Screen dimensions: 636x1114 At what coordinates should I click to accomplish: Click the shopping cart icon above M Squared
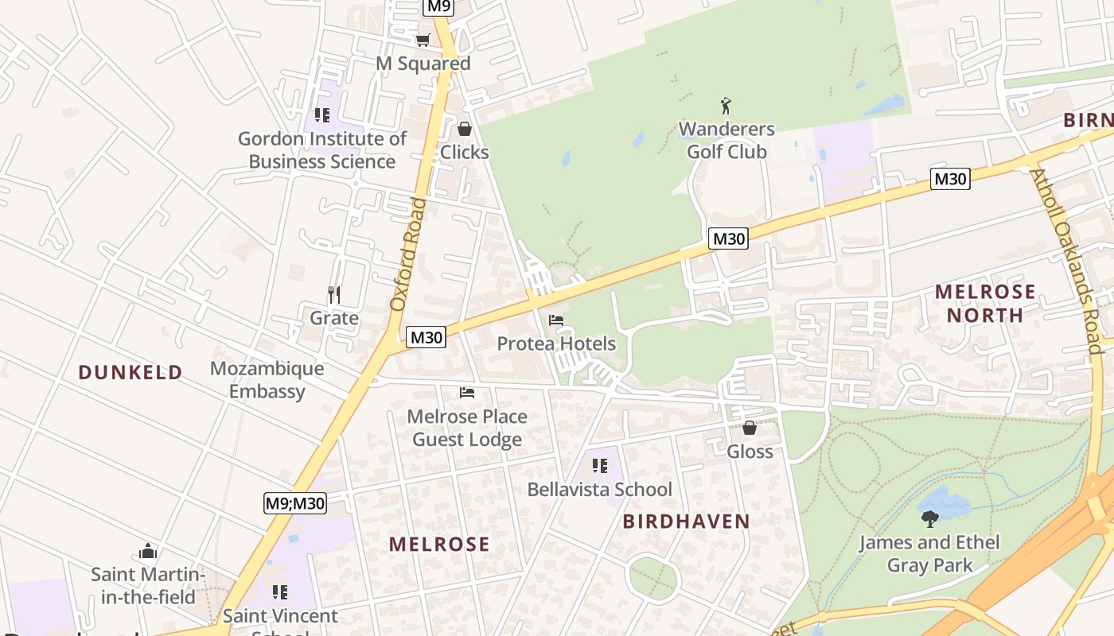[423, 40]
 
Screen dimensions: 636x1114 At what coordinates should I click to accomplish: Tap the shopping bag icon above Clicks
[465, 129]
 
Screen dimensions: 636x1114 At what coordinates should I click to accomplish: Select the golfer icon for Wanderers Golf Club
[726, 106]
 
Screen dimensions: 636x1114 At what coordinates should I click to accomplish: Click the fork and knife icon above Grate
[334, 295]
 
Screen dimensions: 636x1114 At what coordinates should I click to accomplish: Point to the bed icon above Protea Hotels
[556, 320]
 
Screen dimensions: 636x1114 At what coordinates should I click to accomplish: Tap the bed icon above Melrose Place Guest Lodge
[467, 393]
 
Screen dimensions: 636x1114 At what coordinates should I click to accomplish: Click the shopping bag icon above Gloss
[750, 429]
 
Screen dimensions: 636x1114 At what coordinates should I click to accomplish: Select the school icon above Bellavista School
[599, 466]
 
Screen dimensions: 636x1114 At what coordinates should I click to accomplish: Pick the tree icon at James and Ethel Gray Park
[929, 519]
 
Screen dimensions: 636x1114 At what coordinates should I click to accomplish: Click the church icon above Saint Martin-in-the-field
[148, 551]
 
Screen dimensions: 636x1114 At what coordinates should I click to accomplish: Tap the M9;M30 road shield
[295, 502]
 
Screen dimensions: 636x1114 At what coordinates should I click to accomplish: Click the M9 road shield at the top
[438, 7]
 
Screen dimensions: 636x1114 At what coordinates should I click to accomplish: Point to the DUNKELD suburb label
[130, 372]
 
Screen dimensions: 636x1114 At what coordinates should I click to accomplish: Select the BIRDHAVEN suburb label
[686, 522]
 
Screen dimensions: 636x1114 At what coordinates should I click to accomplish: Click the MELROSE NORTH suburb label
[985, 303]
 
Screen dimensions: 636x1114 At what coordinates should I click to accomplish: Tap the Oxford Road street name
[408, 254]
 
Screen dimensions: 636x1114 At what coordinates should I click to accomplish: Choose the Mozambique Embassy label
[267, 380]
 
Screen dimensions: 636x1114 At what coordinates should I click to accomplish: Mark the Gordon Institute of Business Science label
[322, 150]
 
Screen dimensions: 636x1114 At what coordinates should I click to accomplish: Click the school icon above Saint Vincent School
[280, 592]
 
